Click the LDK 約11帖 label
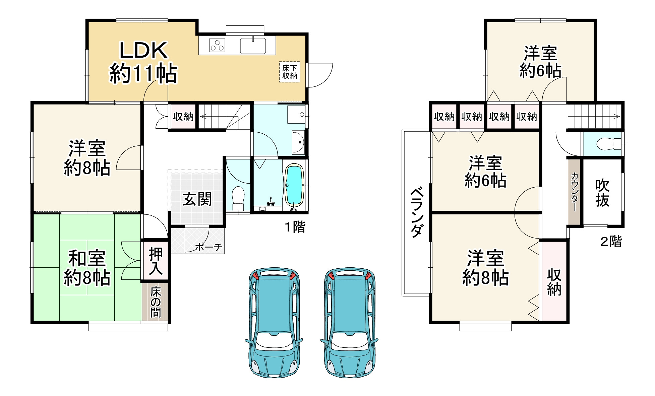pos(143,62)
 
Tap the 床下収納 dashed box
pos(290,72)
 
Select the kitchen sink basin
pos(253,46)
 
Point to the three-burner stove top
pos(217,45)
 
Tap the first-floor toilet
pos(238,198)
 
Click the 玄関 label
pos(197,199)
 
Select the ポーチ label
pos(209,247)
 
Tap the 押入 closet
pos(156,261)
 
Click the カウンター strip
pos(574,192)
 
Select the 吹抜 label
pos(602,193)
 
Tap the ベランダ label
pos(417,213)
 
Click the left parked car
pos(274,322)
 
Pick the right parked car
pos(350,322)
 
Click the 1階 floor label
pos(295,227)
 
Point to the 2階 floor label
pos(611,241)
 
